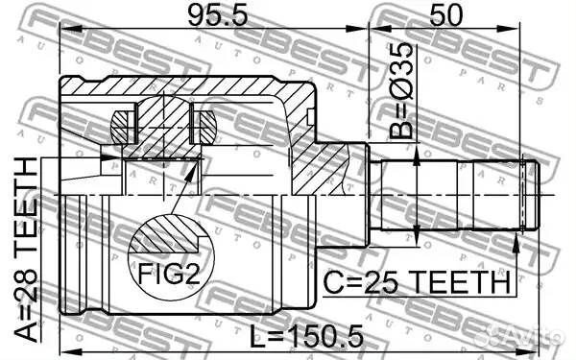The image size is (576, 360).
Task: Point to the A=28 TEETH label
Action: coord(27,247)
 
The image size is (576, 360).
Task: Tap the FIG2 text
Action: coord(170,276)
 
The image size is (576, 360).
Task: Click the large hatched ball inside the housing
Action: coord(160,125)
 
